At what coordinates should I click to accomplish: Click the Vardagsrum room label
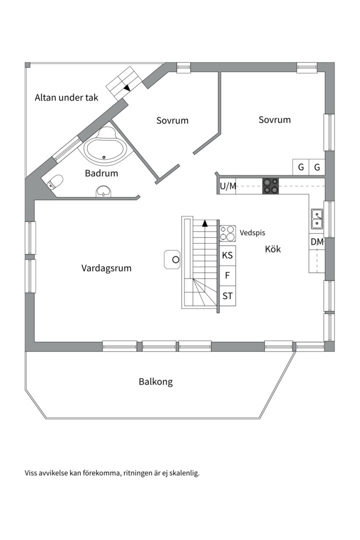(x=106, y=268)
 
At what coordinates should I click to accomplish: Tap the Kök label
(x=273, y=248)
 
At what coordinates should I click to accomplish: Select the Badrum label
(x=101, y=173)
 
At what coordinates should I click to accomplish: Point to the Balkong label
(x=155, y=382)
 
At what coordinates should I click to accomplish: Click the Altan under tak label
(x=66, y=97)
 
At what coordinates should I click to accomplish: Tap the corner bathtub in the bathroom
(x=106, y=147)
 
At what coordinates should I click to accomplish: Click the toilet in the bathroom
(x=55, y=181)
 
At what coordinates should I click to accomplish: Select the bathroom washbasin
(x=103, y=191)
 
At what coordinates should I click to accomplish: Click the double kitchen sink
(x=317, y=218)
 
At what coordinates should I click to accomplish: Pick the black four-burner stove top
(x=271, y=186)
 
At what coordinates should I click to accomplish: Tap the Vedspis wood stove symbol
(x=227, y=233)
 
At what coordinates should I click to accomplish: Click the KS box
(x=227, y=255)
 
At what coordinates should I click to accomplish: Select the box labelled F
(x=227, y=275)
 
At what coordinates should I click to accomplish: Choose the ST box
(x=227, y=296)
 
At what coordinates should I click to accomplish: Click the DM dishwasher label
(x=317, y=242)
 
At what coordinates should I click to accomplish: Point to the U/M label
(x=228, y=186)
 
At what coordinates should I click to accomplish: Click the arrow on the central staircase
(x=205, y=223)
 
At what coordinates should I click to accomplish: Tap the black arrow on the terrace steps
(x=127, y=87)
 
